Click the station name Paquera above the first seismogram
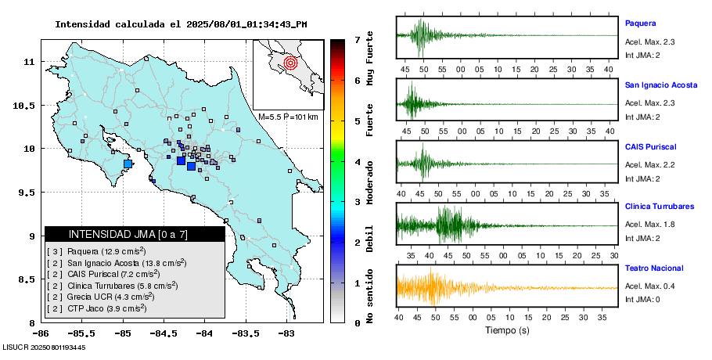point(640,23)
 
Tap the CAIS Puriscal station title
point(650,146)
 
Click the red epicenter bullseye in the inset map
point(291,62)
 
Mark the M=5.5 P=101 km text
point(288,117)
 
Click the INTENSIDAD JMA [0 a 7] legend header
point(128,234)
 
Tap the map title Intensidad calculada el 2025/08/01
point(181,23)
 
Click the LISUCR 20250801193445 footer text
point(45,347)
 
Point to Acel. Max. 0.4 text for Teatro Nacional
point(649,286)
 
